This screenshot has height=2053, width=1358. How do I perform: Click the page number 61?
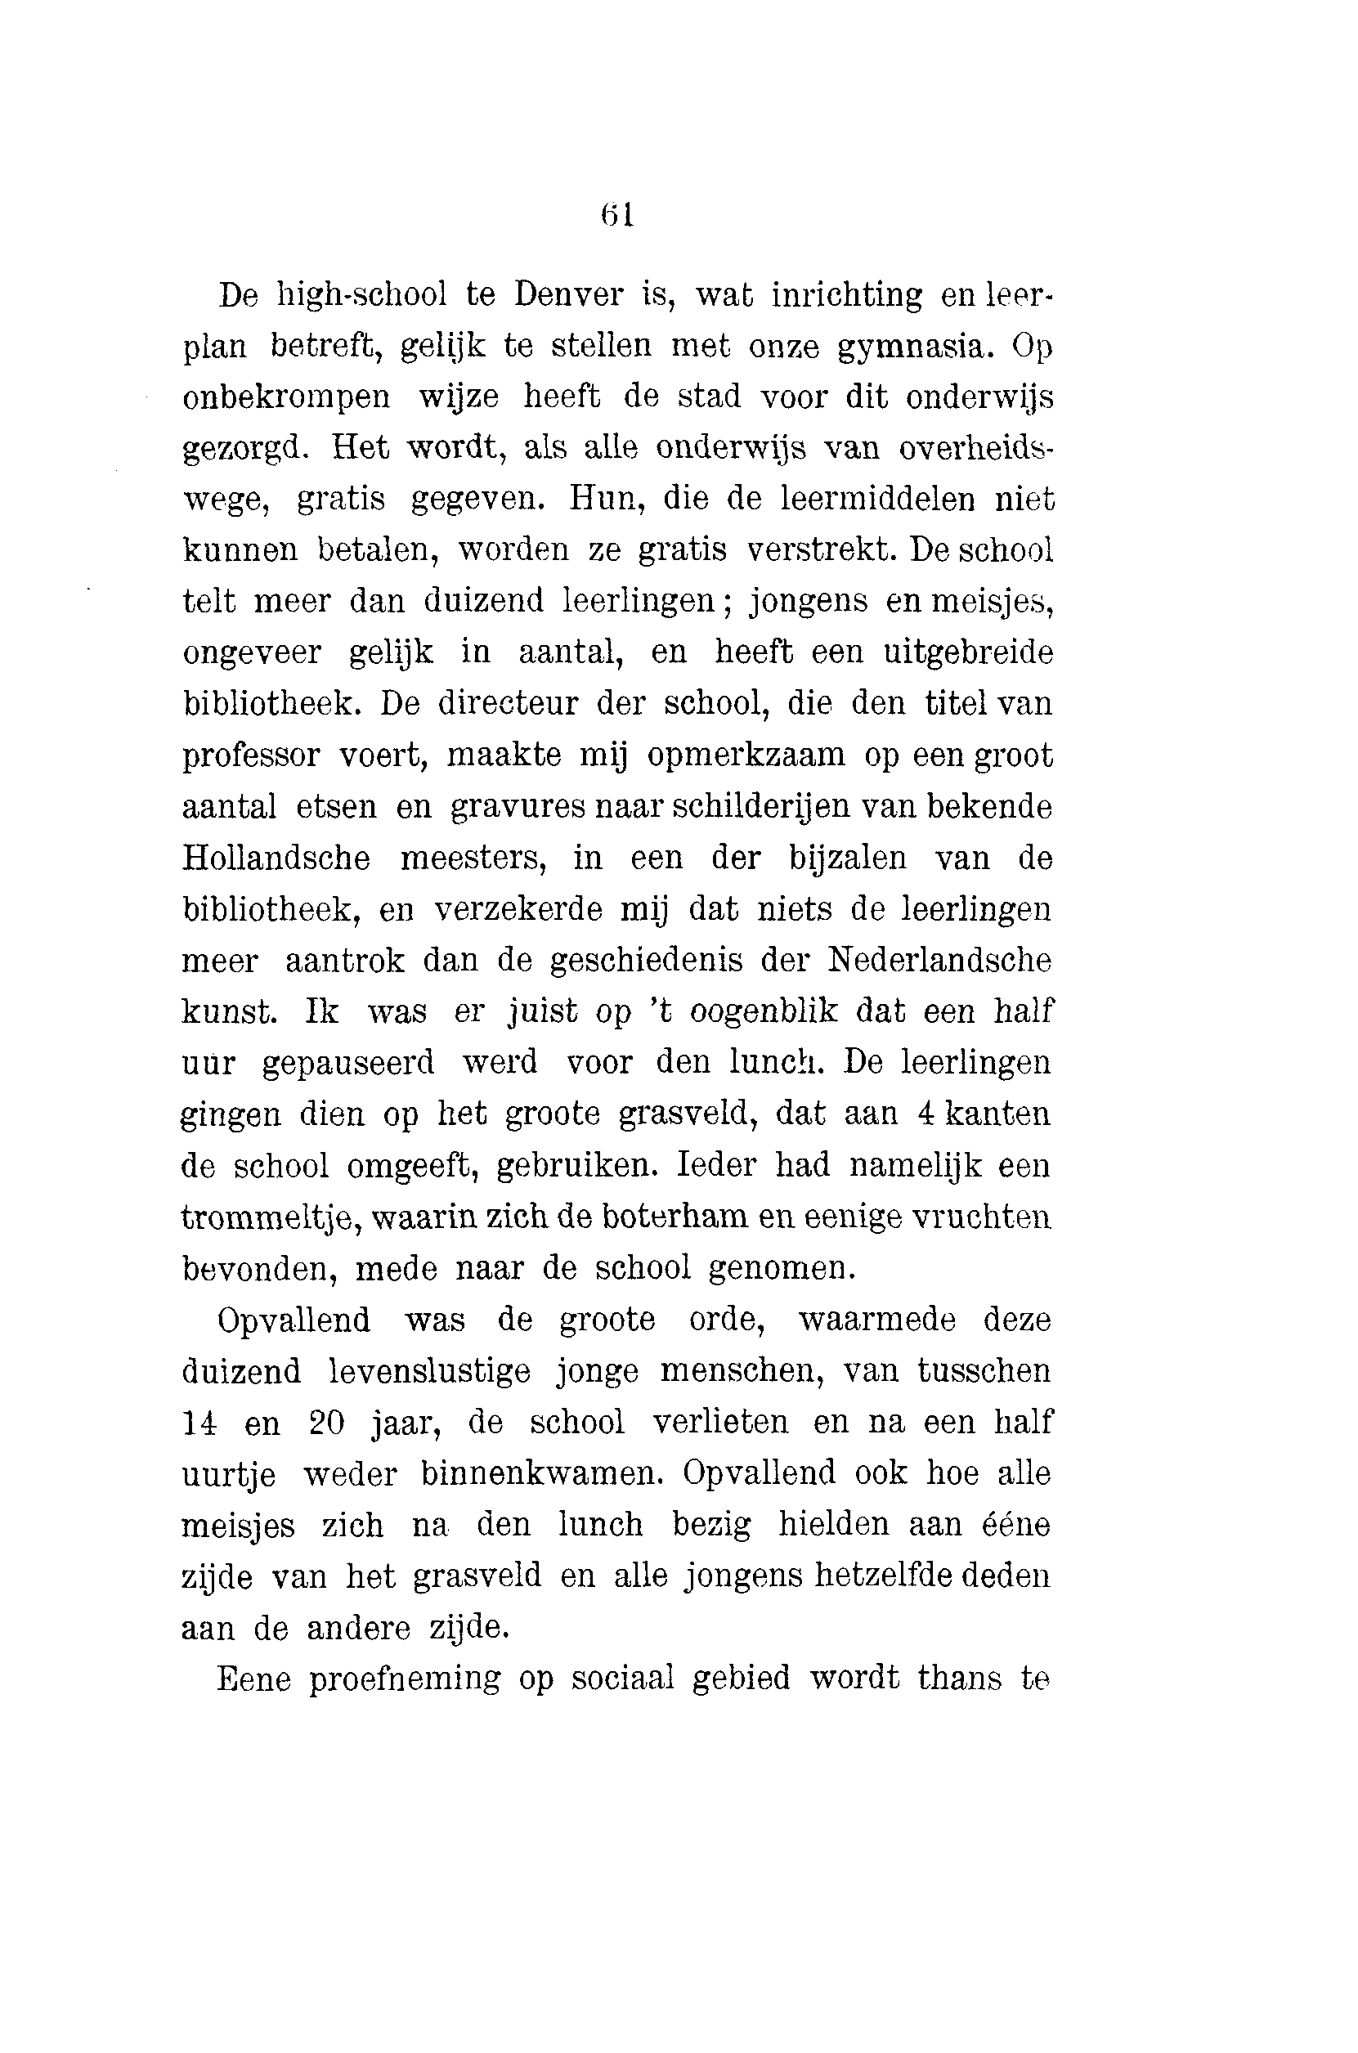[617, 214]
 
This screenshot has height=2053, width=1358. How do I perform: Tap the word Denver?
[568, 295]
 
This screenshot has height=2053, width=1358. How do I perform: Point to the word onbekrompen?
[287, 398]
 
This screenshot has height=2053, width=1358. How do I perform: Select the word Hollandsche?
[276, 858]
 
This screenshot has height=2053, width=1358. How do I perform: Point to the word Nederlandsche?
[939, 960]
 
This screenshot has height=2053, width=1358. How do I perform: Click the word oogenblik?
[764, 1011]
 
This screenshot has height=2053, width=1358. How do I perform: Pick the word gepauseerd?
[348, 1062]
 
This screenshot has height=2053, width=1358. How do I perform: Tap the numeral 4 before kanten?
[925, 1114]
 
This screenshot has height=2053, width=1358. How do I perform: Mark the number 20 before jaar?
[327, 1422]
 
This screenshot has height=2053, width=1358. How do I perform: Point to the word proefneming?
[405, 1678]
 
